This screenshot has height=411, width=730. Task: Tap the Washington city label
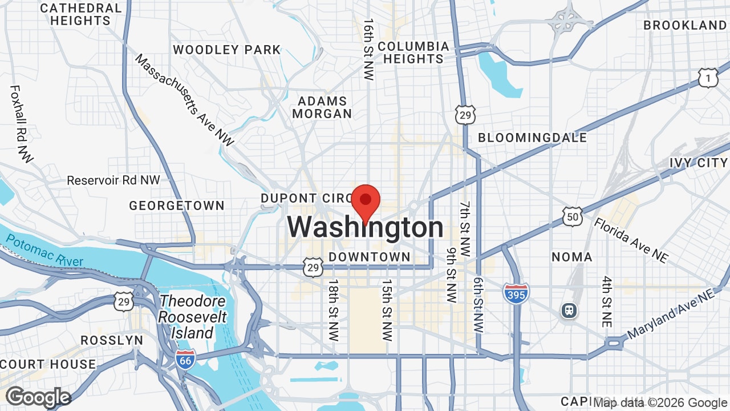click(365, 228)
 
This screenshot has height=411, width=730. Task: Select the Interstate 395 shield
click(516, 293)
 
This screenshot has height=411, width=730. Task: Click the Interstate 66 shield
click(185, 359)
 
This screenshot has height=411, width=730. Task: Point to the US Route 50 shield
click(572, 216)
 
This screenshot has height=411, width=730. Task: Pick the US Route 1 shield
click(708, 78)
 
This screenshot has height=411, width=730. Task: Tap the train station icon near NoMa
click(569, 311)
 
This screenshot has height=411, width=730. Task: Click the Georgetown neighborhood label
click(177, 205)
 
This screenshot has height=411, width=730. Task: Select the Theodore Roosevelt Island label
click(193, 317)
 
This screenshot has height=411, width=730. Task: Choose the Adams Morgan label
click(322, 107)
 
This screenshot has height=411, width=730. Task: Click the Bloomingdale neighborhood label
click(532, 138)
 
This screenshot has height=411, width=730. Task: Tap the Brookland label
click(685, 25)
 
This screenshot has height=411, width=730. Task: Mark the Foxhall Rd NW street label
click(21, 124)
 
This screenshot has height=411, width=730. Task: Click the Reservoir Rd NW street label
click(113, 180)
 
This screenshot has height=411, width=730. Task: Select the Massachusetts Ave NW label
click(184, 100)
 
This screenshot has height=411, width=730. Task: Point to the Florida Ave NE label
click(631, 240)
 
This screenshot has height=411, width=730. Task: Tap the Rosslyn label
click(112, 340)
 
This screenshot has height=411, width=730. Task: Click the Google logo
click(38, 397)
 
